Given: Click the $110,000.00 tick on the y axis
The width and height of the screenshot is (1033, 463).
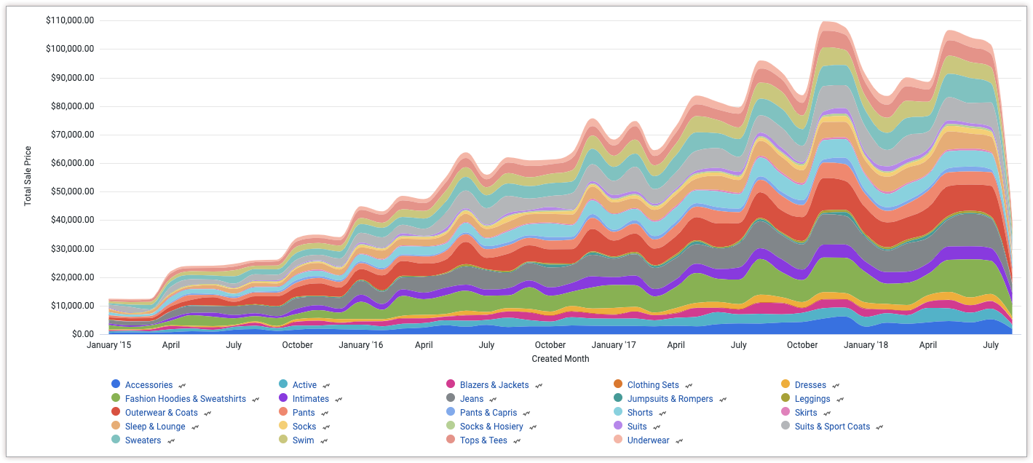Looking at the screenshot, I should (x=70, y=20).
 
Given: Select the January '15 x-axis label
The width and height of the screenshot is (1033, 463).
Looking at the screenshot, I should (x=109, y=345).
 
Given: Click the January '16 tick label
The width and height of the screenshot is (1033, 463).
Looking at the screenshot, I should (x=361, y=345).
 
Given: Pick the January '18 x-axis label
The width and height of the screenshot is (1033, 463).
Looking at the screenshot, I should (x=866, y=345).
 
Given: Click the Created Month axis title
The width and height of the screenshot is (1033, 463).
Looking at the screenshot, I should (x=560, y=359).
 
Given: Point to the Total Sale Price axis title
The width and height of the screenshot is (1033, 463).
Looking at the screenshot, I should (x=28, y=176).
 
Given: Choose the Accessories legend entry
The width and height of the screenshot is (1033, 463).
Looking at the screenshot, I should (x=149, y=385).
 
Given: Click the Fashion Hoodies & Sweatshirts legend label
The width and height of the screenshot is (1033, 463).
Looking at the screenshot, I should (x=185, y=399).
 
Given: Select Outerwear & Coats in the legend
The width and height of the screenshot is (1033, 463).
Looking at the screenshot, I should (x=161, y=413).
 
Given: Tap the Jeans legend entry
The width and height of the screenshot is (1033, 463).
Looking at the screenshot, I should (x=471, y=399).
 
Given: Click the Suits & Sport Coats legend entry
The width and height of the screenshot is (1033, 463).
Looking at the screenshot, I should (x=832, y=427).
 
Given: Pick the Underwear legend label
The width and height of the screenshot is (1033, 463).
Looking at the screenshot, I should (x=648, y=440).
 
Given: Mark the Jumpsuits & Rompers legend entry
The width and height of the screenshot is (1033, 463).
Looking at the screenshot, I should (x=670, y=399).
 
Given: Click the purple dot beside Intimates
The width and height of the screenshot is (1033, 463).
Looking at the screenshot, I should (x=283, y=399).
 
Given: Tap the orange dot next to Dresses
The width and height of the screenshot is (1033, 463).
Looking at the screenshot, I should (x=785, y=384).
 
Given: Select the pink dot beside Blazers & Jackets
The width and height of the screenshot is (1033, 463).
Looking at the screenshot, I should (x=451, y=384).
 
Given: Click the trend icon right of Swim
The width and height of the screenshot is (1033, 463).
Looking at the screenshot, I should (x=325, y=440).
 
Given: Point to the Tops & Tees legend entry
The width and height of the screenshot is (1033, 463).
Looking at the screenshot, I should (x=483, y=440).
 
